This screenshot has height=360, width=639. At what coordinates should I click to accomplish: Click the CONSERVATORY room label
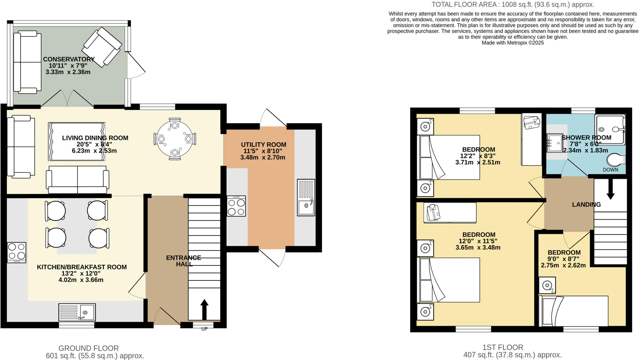(x=69, y=59)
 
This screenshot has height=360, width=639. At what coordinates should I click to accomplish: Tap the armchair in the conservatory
(x=102, y=47)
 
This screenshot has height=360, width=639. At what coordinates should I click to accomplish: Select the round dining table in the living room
(x=175, y=139)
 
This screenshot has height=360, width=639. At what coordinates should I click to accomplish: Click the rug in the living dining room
(x=77, y=141)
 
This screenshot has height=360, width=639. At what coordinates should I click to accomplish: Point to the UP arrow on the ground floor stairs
(x=204, y=309)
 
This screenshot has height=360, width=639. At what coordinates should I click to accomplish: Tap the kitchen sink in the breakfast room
(x=77, y=312)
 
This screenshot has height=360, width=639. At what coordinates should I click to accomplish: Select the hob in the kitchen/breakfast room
(x=17, y=252)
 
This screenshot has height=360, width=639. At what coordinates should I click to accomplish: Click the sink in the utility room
(x=306, y=197)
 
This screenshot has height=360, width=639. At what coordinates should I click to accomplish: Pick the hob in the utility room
(x=236, y=206)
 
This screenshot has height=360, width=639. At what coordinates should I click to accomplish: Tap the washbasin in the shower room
(x=554, y=143)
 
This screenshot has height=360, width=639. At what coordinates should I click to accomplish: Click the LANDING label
(x=586, y=205)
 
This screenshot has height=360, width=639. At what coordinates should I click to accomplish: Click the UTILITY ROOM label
(x=263, y=145)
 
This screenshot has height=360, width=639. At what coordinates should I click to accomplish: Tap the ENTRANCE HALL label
(x=183, y=261)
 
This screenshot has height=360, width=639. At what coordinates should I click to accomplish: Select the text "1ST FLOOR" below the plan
(x=503, y=347)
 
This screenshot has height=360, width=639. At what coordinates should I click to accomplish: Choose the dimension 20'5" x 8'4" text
(x=94, y=144)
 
